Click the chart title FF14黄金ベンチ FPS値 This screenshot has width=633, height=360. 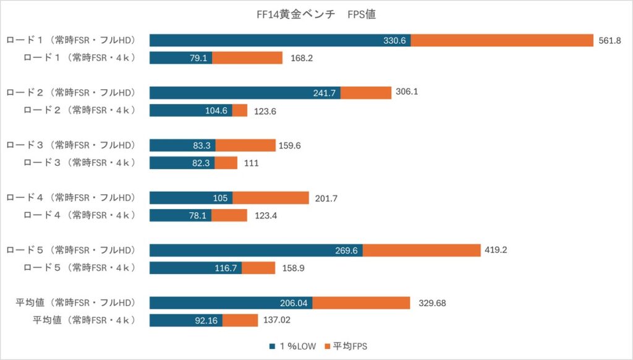tap(316, 14)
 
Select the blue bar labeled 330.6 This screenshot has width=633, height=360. tap(280, 40)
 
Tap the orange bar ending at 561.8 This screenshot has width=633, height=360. tap(502, 40)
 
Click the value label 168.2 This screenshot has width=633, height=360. tap(303, 58)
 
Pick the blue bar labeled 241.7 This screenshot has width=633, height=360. tap(245, 93)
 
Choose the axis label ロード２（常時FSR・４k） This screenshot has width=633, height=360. tap(80, 110)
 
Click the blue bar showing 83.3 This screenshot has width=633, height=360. tap(182, 145)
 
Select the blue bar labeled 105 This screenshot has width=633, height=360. tap(191, 198)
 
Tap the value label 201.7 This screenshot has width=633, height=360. tap(327, 198)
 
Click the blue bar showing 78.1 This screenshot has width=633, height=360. tap(181, 215)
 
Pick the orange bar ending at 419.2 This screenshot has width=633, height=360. tap(422, 251)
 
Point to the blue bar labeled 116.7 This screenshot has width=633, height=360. tap(195, 268)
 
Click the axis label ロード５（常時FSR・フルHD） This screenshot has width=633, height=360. tap(71, 251)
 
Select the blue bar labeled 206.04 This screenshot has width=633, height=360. tap(231, 303)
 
